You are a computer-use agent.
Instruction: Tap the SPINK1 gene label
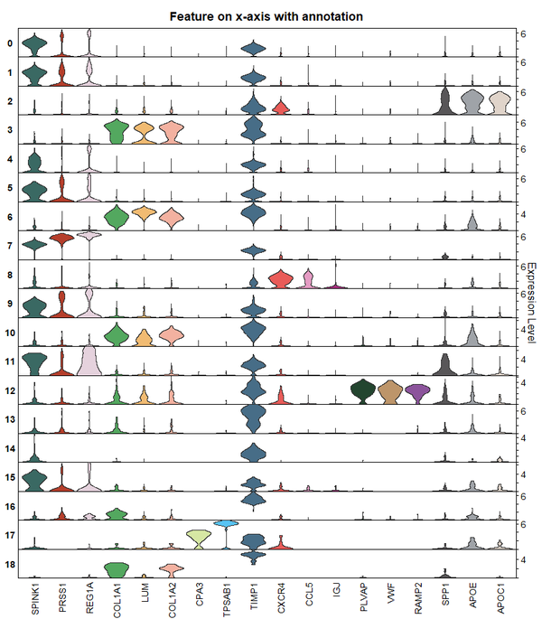coord(33,599)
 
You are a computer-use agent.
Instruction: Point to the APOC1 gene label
coord(500,597)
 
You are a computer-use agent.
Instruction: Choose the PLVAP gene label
coord(363,597)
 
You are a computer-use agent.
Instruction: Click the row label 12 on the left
coord(9,391)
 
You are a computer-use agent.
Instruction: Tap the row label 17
coord(9,536)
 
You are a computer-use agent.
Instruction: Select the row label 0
coord(9,43)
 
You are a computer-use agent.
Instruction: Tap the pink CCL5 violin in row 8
coord(308,279)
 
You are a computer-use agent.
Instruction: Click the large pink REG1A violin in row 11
coord(89,361)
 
